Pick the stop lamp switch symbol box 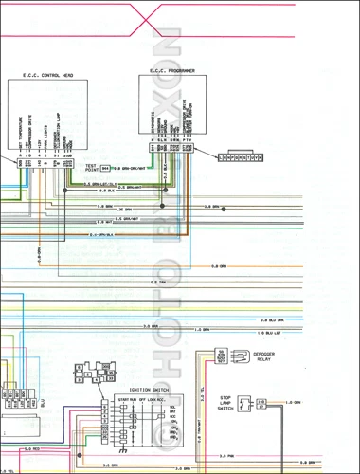pyautogui.click(x=245, y=404)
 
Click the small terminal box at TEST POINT pyautogui.click(x=105, y=168)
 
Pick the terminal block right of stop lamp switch pyautogui.click(x=262, y=404)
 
